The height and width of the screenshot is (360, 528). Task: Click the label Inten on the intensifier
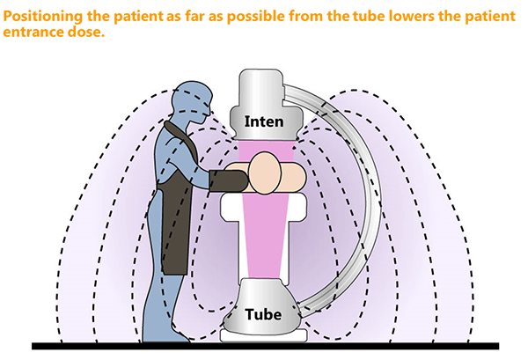[x=263, y=121]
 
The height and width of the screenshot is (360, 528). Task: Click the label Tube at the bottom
[x=263, y=314]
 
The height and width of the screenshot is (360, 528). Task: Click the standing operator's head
[x=191, y=99]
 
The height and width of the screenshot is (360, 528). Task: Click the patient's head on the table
[x=264, y=173]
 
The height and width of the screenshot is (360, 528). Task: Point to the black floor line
[x=264, y=345]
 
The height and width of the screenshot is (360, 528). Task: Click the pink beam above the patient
[x=264, y=145]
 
